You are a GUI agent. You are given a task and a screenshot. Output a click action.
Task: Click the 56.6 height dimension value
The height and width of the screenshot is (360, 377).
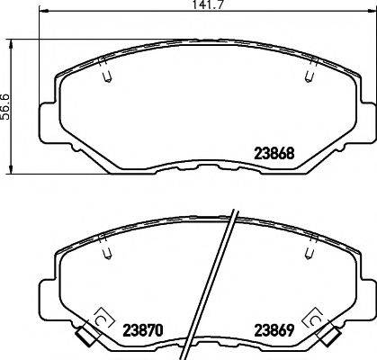5,106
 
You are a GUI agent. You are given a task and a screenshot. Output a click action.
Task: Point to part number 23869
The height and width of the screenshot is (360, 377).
274,329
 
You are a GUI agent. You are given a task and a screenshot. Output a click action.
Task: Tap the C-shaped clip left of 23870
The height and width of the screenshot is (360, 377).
100,319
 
